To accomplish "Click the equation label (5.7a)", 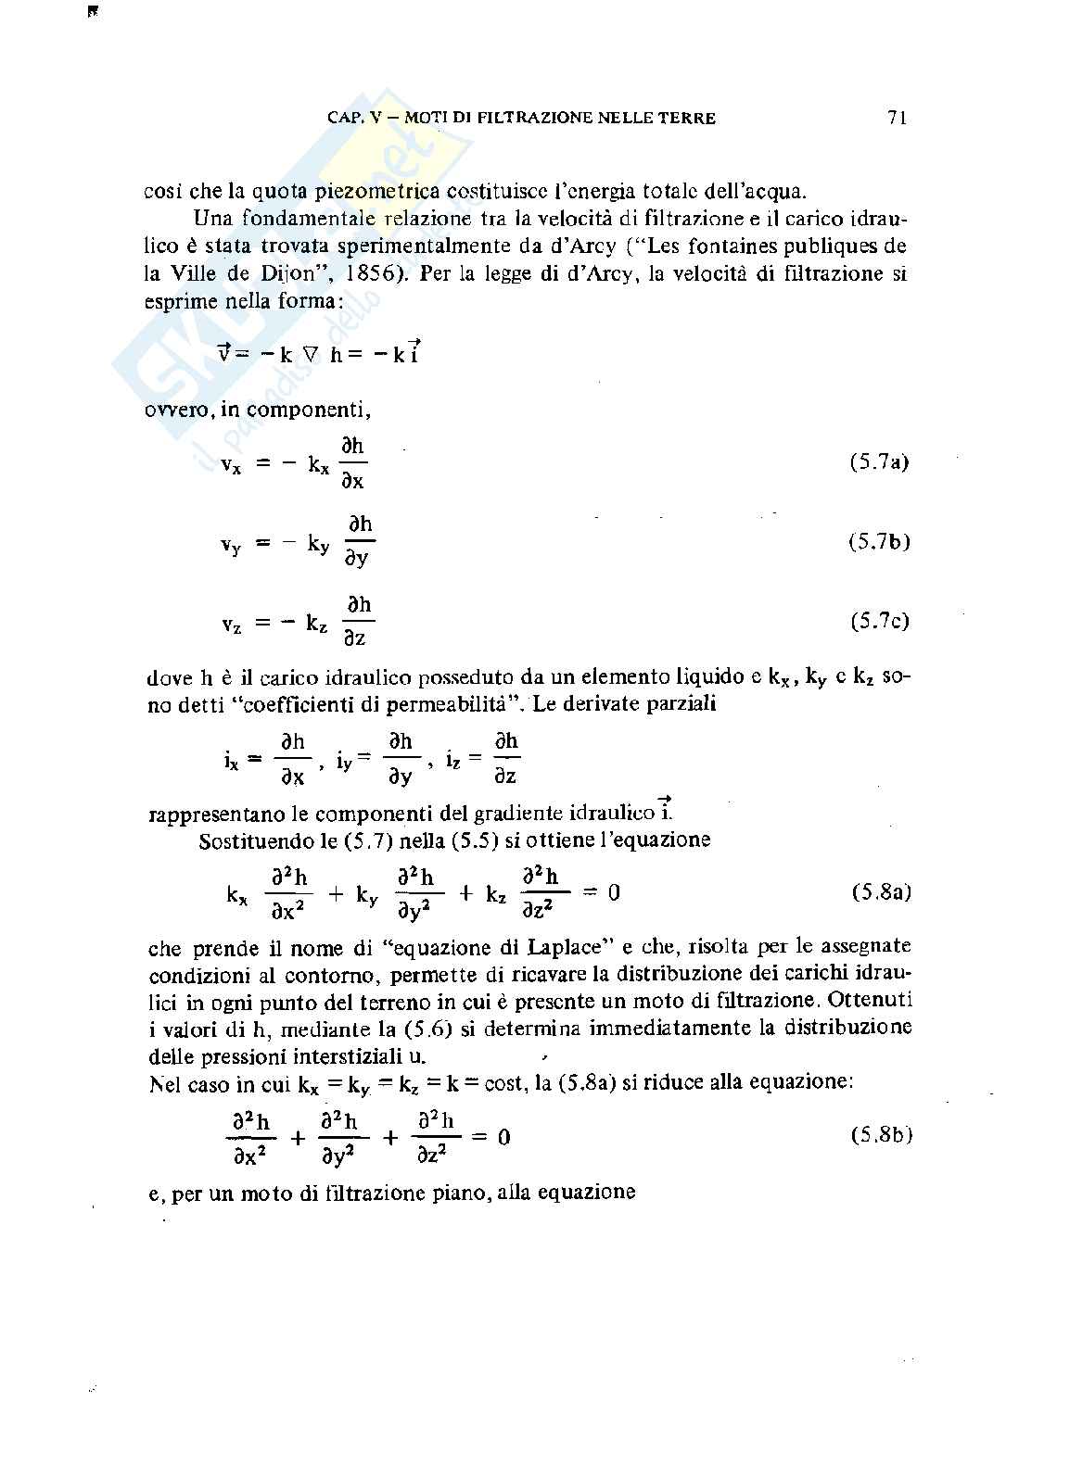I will click(x=878, y=461).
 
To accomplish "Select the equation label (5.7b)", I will click(x=878, y=542).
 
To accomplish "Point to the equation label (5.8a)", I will click(x=881, y=892).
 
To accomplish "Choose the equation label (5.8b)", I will click(x=881, y=1135).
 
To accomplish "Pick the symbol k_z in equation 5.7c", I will click(x=316, y=625).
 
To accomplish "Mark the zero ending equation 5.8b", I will click(x=503, y=1137).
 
